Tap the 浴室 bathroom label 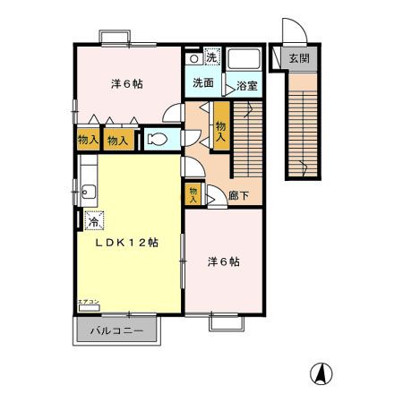click(x=247, y=87)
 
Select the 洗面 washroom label click(x=202, y=82)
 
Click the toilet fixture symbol click(x=156, y=140)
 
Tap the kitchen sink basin click(x=88, y=190)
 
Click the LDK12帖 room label click(x=127, y=243)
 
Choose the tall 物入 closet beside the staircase click(x=220, y=127)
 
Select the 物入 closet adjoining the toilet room click(x=117, y=140)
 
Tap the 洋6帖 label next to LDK click(x=224, y=262)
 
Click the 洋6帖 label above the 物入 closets click(x=126, y=84)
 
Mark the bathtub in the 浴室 click(x=243, y=61)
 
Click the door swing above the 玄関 click(x=293, y=33)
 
